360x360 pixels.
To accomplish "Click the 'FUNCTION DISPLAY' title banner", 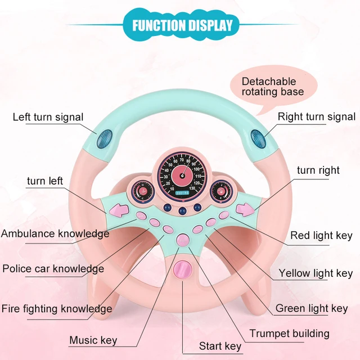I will click(x=182, y=25).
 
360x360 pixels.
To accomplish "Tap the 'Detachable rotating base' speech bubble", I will click(x=272, y=85).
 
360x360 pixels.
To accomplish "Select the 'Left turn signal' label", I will click(x=48, y=118).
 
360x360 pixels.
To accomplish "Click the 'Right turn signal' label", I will click(x=317, y=117).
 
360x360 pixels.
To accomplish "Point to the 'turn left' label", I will click(x=45, y=181).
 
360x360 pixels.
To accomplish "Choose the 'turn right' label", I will click(x=318, y=170).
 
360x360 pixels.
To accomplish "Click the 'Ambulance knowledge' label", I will click(x=55, y=233).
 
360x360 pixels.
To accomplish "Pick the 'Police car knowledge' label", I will click(x=53, y=269).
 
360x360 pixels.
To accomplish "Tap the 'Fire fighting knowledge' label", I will click(x=56, y=309).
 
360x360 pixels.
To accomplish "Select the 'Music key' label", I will click(x=93, y=340).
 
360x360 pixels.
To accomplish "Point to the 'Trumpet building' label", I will click(x=289, y=334).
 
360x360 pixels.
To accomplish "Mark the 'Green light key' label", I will click(x=311, y=308).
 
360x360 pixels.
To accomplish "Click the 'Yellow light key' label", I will click(x=316, y=273).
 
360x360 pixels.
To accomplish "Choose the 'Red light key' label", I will click(x=321, y=236).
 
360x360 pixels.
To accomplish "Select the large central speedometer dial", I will click(x=181, y=174).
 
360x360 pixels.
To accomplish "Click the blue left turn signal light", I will click(x=105, y=137).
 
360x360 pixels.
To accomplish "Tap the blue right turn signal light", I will click(x=256, y=137).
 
